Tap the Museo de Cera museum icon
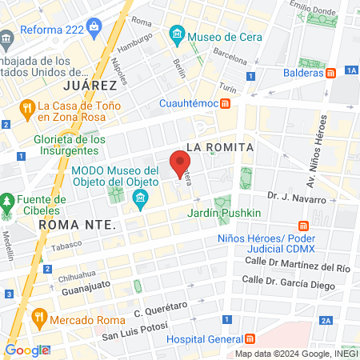(177, 36)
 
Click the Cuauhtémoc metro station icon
(226, 103)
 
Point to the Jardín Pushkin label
(224, 214)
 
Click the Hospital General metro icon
(250, 338)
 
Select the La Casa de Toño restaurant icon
(27, 106)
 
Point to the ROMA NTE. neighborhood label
(78, 225)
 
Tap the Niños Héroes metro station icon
(302, 226)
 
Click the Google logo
(27, 350)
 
